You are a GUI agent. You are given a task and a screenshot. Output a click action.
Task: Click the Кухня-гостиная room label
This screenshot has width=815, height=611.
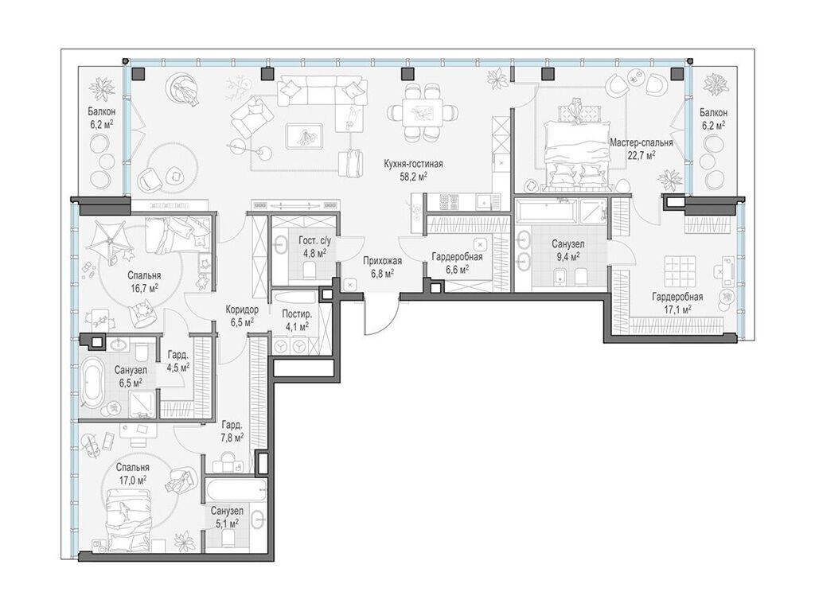413,164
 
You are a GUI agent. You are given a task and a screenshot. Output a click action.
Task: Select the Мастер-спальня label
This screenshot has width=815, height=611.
641,142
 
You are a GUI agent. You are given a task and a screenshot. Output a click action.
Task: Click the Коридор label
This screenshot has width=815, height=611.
242,309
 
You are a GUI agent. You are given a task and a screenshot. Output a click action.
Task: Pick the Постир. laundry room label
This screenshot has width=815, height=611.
297,313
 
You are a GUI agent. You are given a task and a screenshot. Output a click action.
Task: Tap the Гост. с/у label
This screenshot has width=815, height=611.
314,241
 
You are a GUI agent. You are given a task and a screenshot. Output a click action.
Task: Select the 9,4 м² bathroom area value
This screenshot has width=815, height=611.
568,257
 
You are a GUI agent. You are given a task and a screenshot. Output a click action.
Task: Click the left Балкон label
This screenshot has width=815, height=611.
101,111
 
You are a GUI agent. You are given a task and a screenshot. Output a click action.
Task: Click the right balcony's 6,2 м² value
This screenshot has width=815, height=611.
713,125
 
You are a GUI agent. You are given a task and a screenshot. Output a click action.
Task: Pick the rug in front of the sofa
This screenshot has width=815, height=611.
304,136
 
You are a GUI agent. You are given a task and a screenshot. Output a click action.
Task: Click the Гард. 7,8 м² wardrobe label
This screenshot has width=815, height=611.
232,430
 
